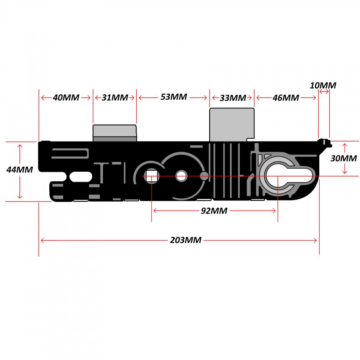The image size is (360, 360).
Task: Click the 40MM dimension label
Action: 66,98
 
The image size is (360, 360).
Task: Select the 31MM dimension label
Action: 115,98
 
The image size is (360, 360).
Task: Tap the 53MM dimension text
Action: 174,97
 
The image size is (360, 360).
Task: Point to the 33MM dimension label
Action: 233,98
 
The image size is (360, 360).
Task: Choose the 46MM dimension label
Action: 285,98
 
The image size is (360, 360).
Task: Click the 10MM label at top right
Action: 323,85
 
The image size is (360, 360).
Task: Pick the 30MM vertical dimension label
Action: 343,158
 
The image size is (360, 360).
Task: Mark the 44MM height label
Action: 19,170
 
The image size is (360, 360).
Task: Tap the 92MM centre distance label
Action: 214,211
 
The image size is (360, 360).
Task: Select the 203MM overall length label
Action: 185,240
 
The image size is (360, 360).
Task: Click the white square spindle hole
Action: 151,176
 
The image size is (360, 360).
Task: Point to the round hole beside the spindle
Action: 181,176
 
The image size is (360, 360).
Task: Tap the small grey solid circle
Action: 204,176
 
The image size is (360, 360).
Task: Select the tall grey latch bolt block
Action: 232,125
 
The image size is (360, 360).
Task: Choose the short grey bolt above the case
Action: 114,133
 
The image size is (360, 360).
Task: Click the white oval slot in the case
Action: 81,177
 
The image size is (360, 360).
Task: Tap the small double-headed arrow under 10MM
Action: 324,92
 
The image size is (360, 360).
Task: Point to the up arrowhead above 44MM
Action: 20,147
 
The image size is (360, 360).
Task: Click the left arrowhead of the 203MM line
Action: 43,240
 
